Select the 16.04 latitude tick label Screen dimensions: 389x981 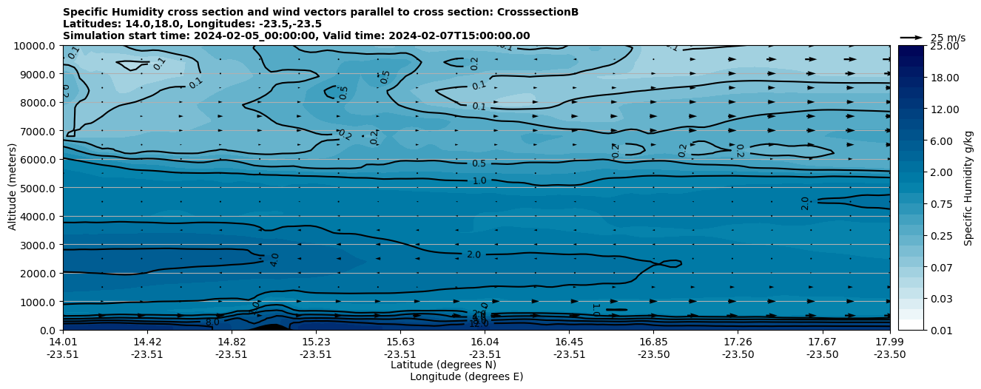(485, 342)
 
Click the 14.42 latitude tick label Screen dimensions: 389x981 (147, 342)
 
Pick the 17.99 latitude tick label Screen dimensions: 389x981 (889, 342)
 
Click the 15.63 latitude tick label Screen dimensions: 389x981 (400, 342)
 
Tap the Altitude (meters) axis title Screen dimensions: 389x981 (13, 188)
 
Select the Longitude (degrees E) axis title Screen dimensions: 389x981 (466, 376)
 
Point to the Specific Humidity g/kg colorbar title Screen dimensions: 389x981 (968, 188)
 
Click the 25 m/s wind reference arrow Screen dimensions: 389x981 (911, 37)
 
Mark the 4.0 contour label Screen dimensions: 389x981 (274, 260)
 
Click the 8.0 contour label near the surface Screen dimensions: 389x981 (212, 322)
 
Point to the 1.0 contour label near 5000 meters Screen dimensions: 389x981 (479, 180)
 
